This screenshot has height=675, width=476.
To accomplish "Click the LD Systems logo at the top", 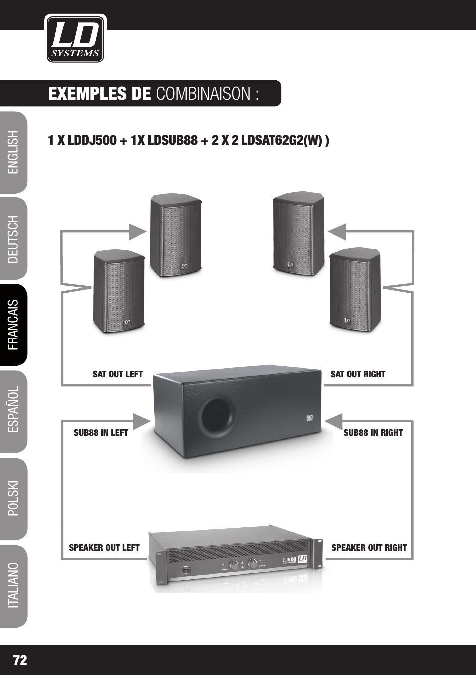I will coord(75,39).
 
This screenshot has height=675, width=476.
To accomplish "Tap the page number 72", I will coord(20,660).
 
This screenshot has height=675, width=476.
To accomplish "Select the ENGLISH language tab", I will coord(13,153).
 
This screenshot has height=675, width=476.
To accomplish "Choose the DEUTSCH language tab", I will coord(13,239).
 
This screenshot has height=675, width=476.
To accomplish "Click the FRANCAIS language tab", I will coord(13,325).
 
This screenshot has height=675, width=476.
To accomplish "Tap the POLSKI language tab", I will coord(13,499).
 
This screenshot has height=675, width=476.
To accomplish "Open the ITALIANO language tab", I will coord(13,586).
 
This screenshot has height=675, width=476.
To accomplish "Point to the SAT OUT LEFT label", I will coord(118,374).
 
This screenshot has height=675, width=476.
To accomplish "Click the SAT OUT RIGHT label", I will coord(358,374).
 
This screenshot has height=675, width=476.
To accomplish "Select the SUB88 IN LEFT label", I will coord(101,433).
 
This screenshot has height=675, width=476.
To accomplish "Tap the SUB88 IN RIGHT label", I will coord(373,433).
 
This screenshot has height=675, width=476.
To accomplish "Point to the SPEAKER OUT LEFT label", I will coord(104,548).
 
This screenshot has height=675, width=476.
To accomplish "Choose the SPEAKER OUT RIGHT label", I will coord(369,548).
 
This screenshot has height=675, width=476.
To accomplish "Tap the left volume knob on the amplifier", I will coord(233,565).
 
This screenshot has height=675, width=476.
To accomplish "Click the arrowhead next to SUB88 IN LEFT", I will coord(142,422).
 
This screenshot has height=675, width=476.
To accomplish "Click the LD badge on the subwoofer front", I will coord(309,418).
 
